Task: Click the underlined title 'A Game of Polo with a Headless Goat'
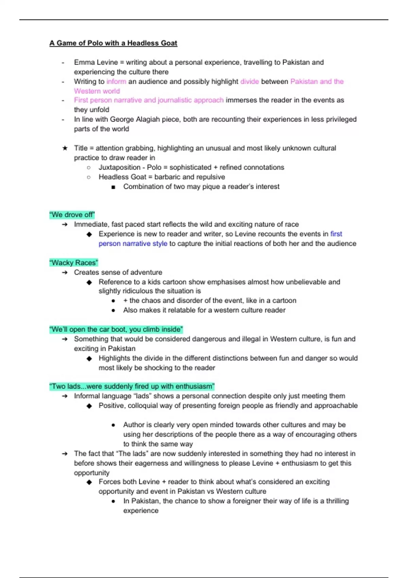click(113, 43)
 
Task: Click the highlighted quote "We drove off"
click(72, 215)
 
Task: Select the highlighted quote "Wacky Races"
click(73, 263)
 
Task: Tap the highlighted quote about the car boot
click(116, 329)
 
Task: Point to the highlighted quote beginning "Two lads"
click(132, 387)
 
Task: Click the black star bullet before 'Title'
click(65, 148)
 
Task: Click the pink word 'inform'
click(116, 82)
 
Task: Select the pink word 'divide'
click(250, 82)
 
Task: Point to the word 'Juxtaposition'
click(119, 168)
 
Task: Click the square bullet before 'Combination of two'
click(113, 187)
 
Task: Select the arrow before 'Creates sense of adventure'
click(65, 273)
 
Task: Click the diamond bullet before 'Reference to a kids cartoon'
click(89, 282)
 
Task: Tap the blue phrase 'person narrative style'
click(133, 244)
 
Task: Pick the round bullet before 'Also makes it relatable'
click(113, 310)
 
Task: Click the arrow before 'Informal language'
click(65, 396)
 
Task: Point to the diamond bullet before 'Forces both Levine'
click(89, 482)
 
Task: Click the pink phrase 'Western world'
click(97, 91)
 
